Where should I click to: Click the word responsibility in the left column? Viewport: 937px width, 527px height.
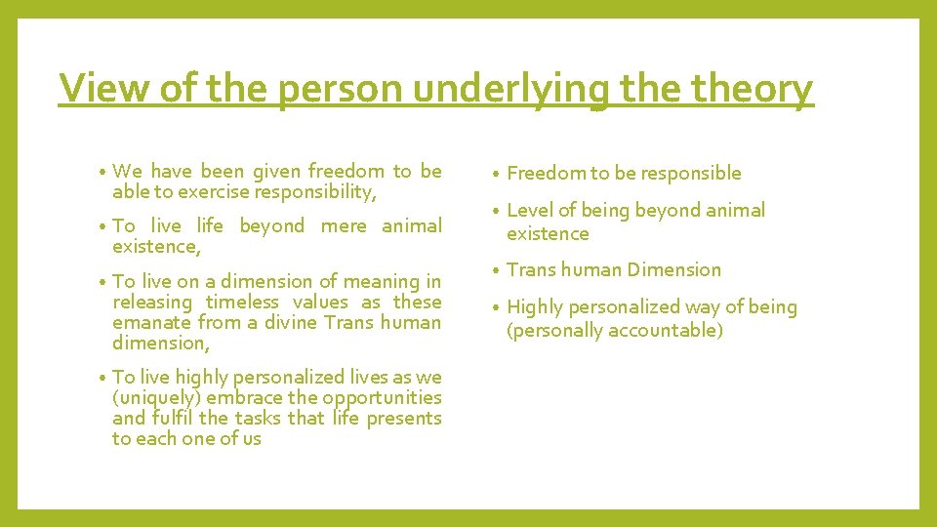click(x=314, y=192)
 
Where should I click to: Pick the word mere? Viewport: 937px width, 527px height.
click(x=344, y=225)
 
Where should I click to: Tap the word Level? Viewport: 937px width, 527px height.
click(x=529, y=210)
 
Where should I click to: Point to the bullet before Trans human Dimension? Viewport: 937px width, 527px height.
click(x=497, y=270)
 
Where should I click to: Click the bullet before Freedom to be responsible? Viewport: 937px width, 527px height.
click(x=497, y=174)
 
